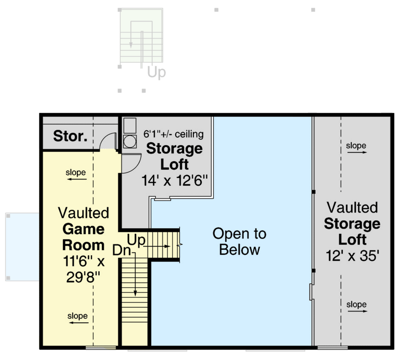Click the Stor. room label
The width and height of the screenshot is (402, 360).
[x=70, y=136]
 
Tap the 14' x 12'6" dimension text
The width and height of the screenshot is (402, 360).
[x=174, y=180]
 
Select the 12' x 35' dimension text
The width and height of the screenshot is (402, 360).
[x=352, y=256]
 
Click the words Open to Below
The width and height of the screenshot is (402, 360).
[x=239, y=241]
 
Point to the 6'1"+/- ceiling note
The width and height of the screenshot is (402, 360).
[x=174, y=134]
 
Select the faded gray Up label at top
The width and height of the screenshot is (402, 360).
[x=156, y=73]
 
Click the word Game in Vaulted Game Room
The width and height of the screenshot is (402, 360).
[x=84, y=229]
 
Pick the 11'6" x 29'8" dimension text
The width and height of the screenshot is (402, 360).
[x=84, y=270]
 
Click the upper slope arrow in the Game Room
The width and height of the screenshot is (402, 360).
[x=76, y=179]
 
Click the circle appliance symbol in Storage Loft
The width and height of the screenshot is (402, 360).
[x=130, y=141]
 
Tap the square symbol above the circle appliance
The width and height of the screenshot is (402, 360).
[x=130, y=125]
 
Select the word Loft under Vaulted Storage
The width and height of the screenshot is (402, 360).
[x=352, y=240]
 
